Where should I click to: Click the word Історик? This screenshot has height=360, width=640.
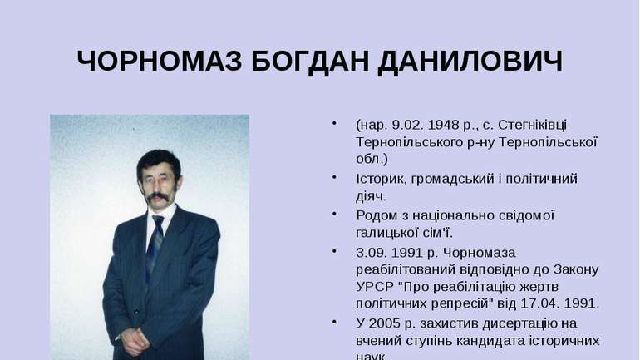pos(382,179)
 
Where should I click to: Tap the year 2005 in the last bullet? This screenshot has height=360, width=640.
pos(388,323)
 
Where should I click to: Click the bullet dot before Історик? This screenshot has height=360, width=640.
pos(334,178)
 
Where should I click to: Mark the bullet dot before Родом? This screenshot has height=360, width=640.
pos(334,215)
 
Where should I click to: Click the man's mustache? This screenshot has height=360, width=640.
pos(160,198)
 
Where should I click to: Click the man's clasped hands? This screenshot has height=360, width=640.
pos(133,338)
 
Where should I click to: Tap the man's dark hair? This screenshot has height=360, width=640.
pos(158,160)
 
